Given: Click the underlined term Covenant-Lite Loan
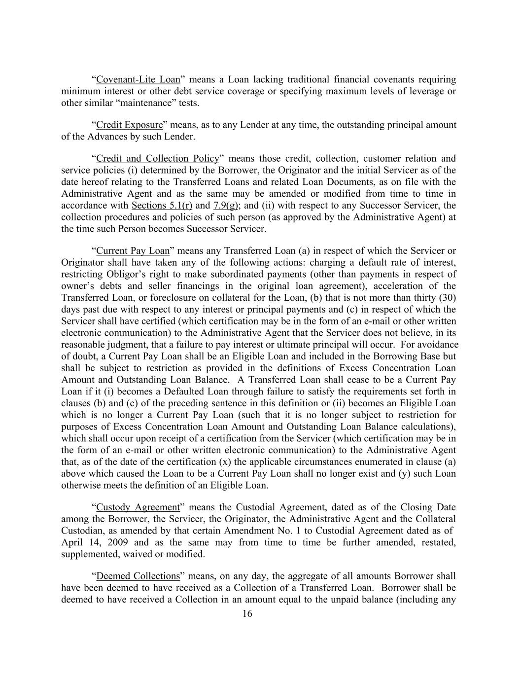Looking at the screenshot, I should coord(138,79).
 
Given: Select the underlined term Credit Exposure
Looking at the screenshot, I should coord(129,125).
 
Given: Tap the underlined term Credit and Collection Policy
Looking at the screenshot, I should coord(157,158).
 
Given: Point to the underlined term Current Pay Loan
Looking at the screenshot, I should coord(133,250).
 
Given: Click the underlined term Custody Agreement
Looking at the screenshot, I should coord(138,507).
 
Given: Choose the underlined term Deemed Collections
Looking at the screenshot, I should coord(138,576).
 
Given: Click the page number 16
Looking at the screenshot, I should coord(247,614).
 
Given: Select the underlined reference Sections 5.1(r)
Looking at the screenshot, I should coord(162,205).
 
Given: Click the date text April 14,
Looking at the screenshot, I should coord(76,542).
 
